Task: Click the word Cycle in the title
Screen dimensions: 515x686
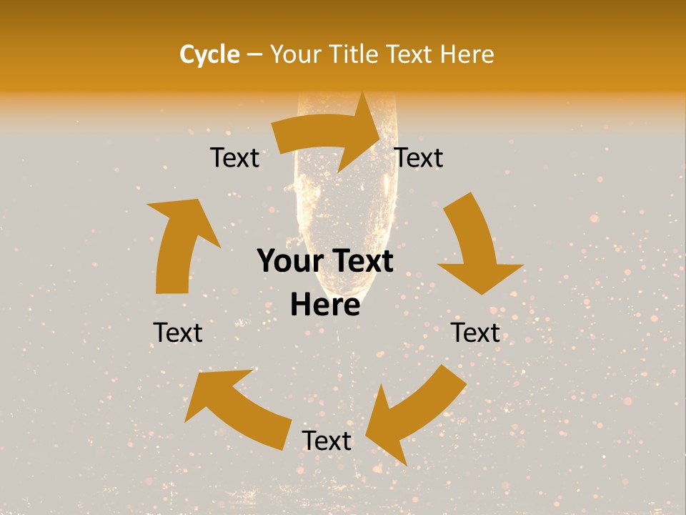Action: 209,54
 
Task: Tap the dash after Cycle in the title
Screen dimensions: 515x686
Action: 254,54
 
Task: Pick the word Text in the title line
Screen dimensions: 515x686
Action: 410,54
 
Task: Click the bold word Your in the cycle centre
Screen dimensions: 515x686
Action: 289,262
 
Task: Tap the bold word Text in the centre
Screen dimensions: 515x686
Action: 361,262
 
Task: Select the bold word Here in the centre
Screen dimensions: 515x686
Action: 325,305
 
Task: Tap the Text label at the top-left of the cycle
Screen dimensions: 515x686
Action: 234,157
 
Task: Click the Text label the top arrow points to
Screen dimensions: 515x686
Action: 419,157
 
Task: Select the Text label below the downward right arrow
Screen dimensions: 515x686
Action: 475,333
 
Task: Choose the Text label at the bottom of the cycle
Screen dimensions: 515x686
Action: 327,441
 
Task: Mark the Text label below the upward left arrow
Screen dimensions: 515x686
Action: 178,333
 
